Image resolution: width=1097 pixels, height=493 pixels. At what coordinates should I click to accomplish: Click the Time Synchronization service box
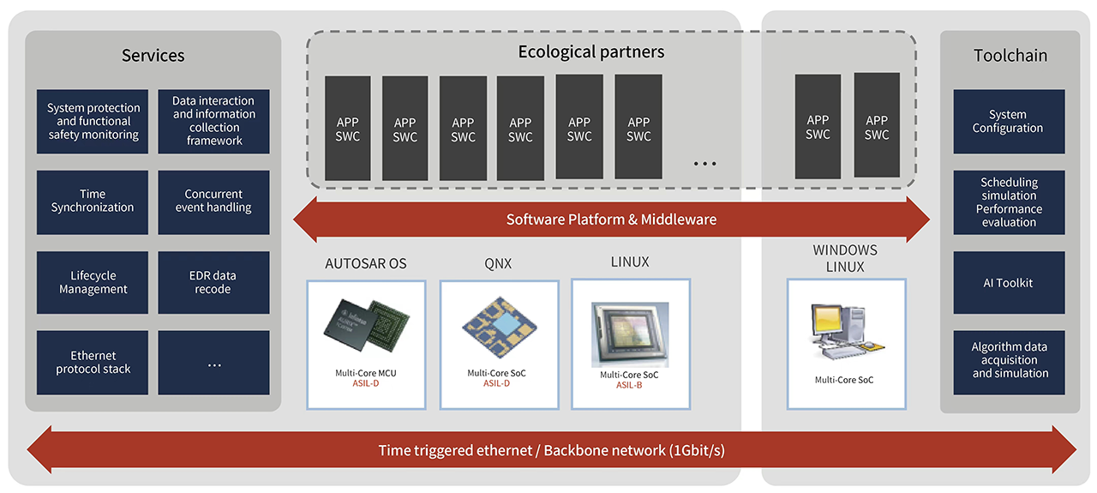click(x=93, y=201)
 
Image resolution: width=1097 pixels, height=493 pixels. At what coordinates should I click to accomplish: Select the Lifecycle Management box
click(x=93, y=283)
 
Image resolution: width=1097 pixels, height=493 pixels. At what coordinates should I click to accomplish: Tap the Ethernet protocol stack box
click(x=93, y=363)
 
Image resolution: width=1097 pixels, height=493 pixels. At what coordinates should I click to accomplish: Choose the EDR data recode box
click(x=213, y=283)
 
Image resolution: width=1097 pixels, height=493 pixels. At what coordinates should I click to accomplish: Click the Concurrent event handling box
click(x=213, y=201)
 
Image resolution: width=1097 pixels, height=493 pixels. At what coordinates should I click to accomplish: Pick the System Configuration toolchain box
click(x=1009, y=122)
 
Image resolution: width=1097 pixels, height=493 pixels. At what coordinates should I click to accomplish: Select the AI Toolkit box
click(x=1009, y=283)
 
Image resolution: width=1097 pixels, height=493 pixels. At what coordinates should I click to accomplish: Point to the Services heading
click(x=153, y=56)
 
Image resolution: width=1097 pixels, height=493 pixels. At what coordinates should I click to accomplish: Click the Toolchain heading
click(x=1010, y=56)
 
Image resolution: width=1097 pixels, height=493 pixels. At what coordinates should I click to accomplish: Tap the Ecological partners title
click(x=590, y=51)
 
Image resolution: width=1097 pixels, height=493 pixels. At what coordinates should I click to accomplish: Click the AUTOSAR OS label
click(x=366, y=263)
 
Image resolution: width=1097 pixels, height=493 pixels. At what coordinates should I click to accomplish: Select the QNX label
click(x=497, y=263)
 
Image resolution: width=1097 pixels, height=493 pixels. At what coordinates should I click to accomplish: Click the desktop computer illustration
click(x=844, y=334)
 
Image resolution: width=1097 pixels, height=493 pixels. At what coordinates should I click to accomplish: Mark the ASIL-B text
click(x=630, y=385)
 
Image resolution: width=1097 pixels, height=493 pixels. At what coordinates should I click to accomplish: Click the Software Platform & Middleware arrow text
click(x=611, y=219)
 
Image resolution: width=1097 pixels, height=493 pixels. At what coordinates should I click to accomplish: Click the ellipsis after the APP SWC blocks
click(x=704, y=163)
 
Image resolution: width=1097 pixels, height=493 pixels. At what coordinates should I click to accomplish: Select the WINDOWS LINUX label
click(x=845, y=259)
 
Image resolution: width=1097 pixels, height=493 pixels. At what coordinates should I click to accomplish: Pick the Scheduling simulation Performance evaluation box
click(x=1009, y=202)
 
